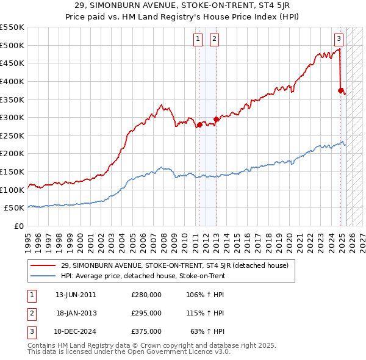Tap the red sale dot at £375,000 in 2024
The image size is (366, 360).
point(342,90)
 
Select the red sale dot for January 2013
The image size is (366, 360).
point(216,119)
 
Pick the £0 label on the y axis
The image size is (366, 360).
point(20,226)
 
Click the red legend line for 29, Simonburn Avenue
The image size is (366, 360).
point(44,265)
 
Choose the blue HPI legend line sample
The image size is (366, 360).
point(44,276)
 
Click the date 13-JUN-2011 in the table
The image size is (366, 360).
point(76,295)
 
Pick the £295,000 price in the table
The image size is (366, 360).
point(146,313)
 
